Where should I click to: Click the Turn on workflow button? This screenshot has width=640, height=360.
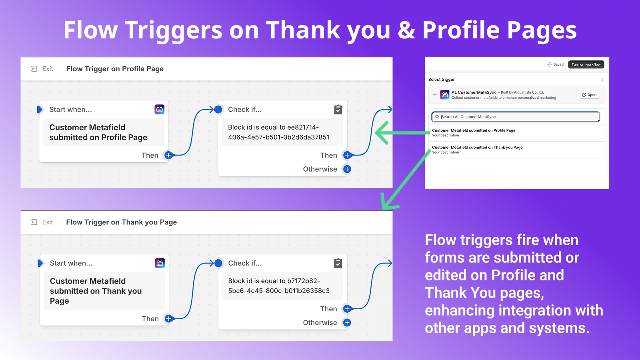(x=586, y=64)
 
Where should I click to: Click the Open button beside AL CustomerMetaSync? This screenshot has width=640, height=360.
(x=590, y=95)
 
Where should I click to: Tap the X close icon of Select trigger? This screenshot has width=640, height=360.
(x=602, y=80)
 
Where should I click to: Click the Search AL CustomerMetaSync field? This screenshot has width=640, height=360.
(x=516, y=116)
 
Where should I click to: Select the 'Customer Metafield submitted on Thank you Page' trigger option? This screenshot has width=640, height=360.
(x=477, y=148)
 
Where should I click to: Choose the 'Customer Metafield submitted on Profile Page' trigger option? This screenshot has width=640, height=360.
(x=474, y=130)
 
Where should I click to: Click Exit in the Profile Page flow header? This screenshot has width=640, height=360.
(x=42, y=69)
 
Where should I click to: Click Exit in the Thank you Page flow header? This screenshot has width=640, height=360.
(x=42, y=222)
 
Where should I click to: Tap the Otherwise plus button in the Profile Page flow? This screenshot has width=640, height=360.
(x=347, y=169)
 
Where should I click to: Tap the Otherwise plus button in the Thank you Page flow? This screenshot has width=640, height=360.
(x=347, y=322)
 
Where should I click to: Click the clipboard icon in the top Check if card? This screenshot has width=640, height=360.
(x=338, y=110)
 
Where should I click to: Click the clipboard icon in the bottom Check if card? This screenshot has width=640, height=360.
(x=338, y=263)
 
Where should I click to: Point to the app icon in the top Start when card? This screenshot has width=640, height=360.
(x=160, y=110)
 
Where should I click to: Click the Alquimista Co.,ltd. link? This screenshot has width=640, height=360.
(x=529, y=92)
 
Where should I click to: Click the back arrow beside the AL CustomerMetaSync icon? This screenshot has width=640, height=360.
(x=435, y=95)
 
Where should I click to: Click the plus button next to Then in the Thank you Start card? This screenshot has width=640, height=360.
(x=169, y=318)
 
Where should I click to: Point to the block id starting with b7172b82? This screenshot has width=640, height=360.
(x=279, y=286)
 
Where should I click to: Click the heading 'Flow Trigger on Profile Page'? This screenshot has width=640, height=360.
(x=115, y=69)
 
